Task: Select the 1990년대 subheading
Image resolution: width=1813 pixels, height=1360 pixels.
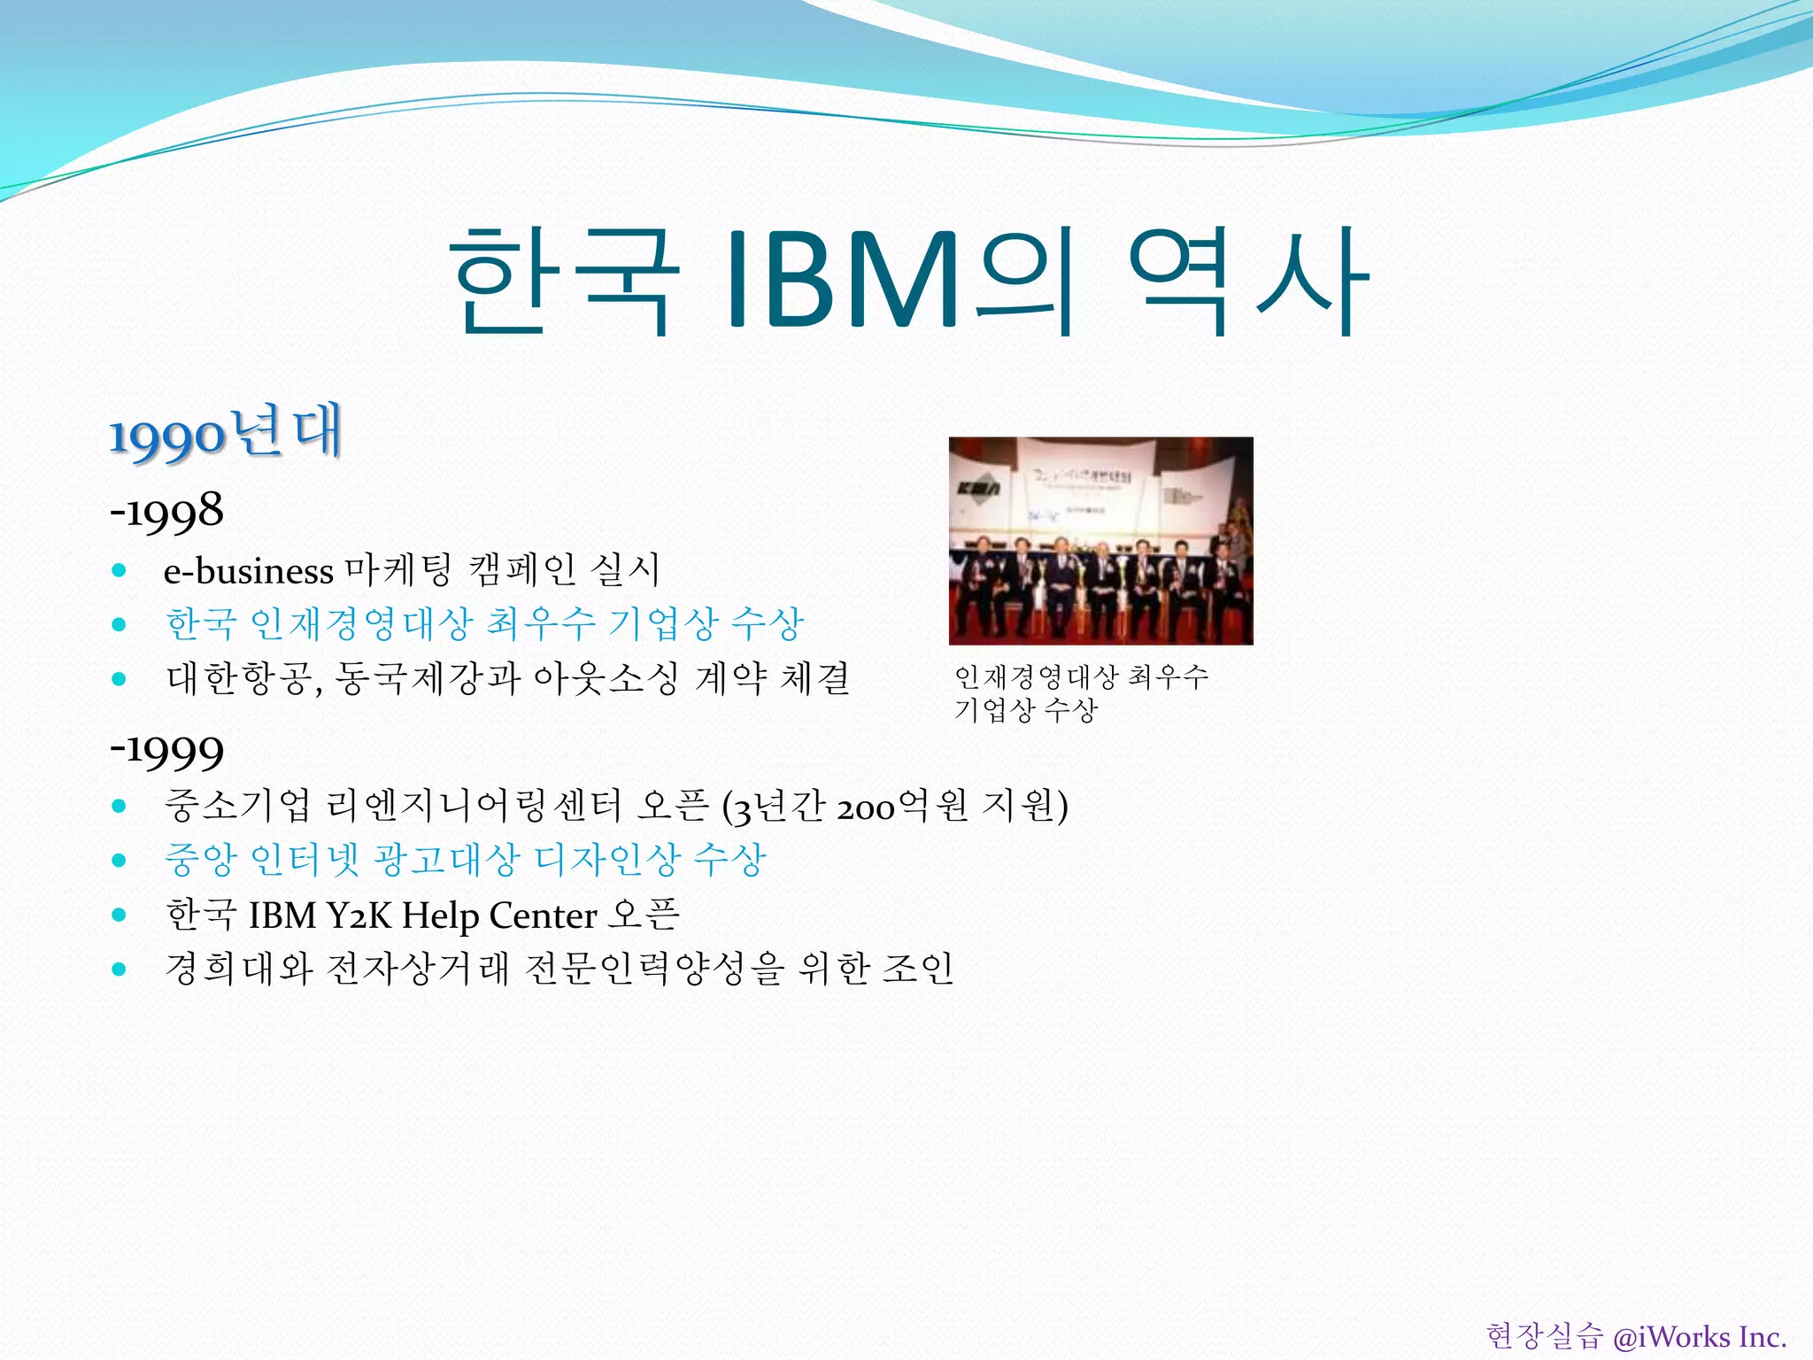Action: (x=226, y=434)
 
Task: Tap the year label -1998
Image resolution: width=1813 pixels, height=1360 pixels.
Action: (x=166, y=512)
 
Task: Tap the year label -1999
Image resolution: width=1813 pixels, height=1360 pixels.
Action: (x=166, y=751)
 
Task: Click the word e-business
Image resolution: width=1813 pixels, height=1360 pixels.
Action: (x=249, y=571)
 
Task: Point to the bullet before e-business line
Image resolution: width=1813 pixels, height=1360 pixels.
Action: (x=120, y=570)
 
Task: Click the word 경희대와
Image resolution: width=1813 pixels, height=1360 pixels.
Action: (x=239, y=969)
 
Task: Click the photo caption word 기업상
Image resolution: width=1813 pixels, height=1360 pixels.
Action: (x=993, y=709)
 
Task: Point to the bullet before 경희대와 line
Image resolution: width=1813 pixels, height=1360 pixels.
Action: (x=120, y=969)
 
